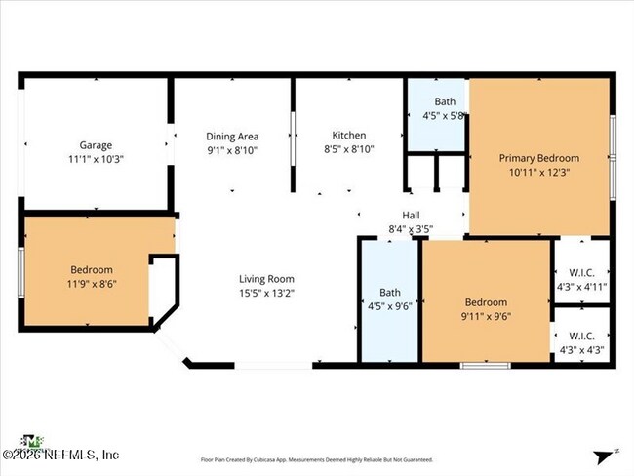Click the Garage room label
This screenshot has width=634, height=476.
tap(96, 145)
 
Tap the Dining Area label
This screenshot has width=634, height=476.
tap(232, 137)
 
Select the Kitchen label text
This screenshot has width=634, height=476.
tap(348, 136)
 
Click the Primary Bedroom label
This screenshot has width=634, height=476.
tap(539, 158)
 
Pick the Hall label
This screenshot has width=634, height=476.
tap(411, 217)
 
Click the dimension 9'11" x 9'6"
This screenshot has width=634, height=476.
tap(485, 315)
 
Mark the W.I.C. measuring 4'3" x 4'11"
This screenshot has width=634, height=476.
tap(581, 286)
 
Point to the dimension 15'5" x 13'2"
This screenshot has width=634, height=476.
tap(266, 292)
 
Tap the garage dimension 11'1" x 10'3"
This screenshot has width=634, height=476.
tap(96, 158)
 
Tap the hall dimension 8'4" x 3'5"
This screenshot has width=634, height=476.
tap(411, 230)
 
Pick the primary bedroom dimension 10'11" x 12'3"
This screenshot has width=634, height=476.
tap(539, 171)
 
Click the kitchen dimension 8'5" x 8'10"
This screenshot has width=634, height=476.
tap(348, 149)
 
